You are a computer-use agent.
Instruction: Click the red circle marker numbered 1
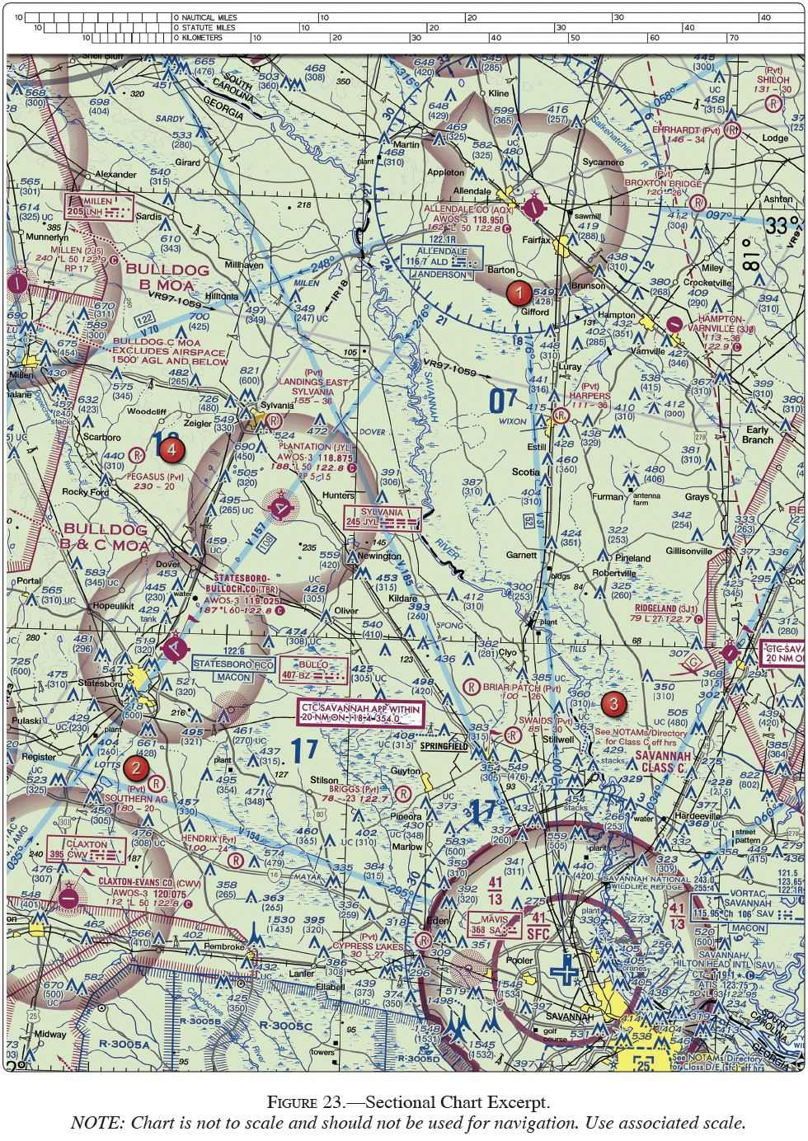coord(519,293)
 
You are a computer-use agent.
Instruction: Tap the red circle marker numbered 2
coord(136,768)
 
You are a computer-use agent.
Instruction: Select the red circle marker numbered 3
coord(613,704)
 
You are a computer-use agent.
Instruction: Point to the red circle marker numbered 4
coord(171,450)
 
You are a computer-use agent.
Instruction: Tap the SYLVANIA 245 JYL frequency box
coord(382,518)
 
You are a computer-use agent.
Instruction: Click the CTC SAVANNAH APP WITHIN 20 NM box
coord(360,713)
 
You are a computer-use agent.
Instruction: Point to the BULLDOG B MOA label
coord(167,277)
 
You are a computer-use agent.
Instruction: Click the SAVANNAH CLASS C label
coord(663,762)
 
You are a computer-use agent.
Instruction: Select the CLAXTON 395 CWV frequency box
coord(86,849)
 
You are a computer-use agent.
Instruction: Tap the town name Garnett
coord(521,555)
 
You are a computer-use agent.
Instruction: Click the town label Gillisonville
coord(688,551)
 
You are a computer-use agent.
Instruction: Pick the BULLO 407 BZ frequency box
coord(312,670)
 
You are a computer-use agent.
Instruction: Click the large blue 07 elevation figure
coord(503,401)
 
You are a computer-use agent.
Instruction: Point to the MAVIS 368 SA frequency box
coord(495,925)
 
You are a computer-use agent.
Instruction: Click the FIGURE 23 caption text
coord(407,1102)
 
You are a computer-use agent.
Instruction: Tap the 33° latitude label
coord(781,225)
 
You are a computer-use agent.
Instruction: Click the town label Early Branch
coord(757,434)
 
